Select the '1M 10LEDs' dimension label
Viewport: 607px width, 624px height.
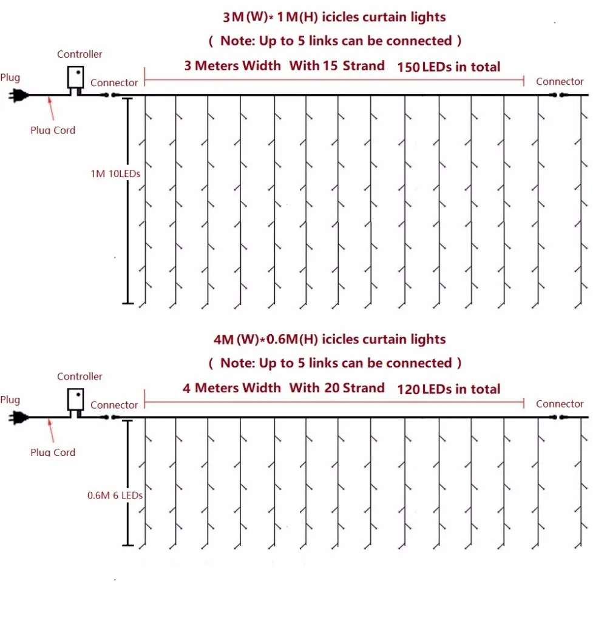coord(115,174)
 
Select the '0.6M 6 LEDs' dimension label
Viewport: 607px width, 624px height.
coord(115,495)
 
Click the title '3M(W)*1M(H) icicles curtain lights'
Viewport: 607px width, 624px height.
coord(334,17)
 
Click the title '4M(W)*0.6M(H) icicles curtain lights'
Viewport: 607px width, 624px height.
coord(330,340)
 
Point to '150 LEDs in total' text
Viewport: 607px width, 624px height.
coord(449,67)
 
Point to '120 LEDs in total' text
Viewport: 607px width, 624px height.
coord(449,389)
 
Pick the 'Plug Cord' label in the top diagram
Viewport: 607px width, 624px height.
coord(53,130)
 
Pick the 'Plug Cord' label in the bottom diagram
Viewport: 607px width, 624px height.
coord(53,452)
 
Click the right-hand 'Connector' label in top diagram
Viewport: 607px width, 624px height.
coord(560,81)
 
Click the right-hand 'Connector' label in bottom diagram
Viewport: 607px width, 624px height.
coord(560,404)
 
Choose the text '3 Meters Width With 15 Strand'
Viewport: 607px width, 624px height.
coord(284,65)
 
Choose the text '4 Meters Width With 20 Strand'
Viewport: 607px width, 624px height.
coord(283,388)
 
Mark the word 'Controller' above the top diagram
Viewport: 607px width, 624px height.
coord(80,54)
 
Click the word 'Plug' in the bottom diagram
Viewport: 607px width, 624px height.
coord(10,400)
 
